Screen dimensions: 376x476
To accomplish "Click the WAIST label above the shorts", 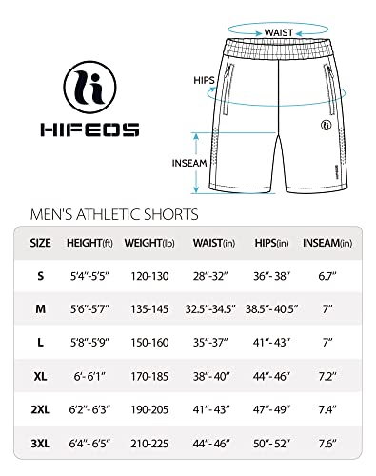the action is click(278, 31).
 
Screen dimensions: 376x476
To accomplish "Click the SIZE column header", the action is click(40, 243).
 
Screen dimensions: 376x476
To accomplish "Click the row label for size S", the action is click(40, 276).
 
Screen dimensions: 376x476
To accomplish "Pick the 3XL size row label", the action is click(40, 443).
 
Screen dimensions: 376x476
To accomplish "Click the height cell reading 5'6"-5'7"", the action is click(91, 309).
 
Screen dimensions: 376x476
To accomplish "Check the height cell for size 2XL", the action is click(91, 409).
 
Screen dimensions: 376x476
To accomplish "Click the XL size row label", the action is click(40, 376).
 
